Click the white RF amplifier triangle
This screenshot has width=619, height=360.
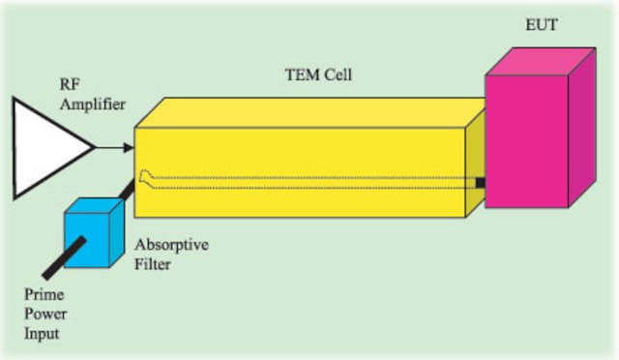tap(44, 145)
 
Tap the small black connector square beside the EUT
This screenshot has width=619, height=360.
tap(480, 183)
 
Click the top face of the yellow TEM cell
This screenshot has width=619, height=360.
tap(309, 110)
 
